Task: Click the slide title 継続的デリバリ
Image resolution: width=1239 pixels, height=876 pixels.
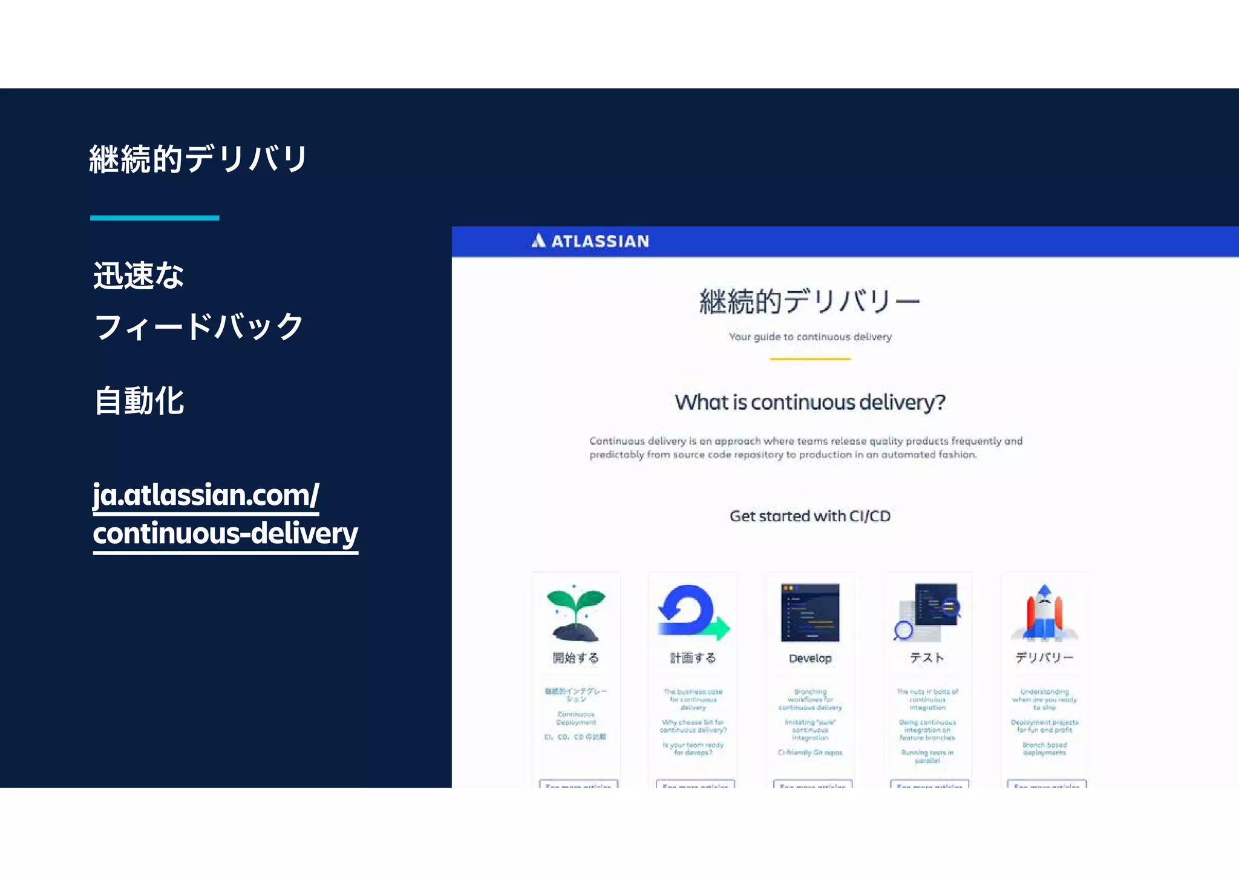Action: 198,159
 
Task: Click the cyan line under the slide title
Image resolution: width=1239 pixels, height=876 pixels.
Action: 154,217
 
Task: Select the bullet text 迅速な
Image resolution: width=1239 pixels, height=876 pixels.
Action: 139,275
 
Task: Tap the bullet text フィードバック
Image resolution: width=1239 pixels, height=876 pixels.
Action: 198,327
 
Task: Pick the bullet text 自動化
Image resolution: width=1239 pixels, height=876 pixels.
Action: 139,401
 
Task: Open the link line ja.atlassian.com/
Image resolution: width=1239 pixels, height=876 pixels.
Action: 206,495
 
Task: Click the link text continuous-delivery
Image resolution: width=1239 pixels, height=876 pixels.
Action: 225,533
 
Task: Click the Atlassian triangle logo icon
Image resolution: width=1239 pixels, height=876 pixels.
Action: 538,241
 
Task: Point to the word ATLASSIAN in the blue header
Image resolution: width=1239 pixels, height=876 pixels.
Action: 600,242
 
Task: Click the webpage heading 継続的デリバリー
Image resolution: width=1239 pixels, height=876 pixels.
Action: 809,301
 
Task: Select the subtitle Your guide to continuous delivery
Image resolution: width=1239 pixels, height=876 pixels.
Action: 810,337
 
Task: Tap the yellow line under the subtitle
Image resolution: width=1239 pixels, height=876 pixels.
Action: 810,359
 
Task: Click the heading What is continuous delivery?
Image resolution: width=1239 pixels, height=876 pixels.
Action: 810,402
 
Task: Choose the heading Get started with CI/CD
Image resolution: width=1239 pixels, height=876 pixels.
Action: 810,516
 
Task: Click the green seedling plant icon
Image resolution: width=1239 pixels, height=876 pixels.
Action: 575,613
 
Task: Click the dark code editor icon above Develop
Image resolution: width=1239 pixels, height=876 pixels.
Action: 810,612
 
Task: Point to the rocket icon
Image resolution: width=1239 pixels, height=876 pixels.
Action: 1044,613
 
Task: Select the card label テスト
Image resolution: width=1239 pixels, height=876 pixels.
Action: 927,658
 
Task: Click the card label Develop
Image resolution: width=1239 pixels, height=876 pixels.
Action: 810,659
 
